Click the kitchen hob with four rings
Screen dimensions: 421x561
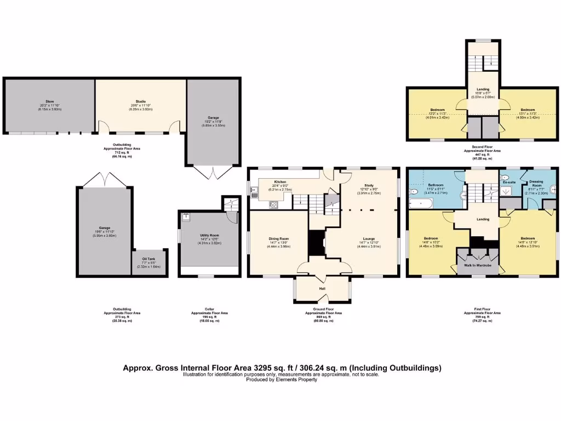click(x=273, y=205)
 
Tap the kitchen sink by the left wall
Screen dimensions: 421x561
click(x=254, y=191)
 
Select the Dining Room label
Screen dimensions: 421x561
click(x=278, y=238)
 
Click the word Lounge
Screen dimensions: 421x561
click(x=368, y=238)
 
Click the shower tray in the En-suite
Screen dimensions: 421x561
click(x=509, y=191)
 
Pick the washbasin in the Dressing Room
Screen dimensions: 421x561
click(x=553, y=190)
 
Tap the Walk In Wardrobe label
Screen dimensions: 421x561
click(x=477, y=265)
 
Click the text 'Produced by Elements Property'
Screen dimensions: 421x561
click(x=280, y=380)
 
